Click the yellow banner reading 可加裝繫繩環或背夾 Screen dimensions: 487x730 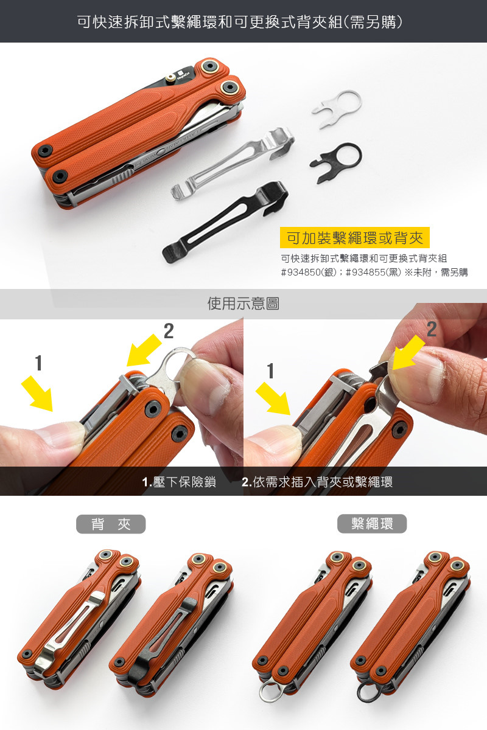354,238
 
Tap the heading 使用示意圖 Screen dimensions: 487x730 243,304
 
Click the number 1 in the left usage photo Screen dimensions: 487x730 39,363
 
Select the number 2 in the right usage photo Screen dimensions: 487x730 432,330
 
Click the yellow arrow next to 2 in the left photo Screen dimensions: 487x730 144,350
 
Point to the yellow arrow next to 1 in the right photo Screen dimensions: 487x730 273,398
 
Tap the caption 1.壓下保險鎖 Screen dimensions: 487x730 179,482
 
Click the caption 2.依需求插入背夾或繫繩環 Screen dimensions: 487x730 317,482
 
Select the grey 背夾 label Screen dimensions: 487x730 111,524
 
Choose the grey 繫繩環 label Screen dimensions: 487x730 372,524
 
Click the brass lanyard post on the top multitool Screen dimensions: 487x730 170,78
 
